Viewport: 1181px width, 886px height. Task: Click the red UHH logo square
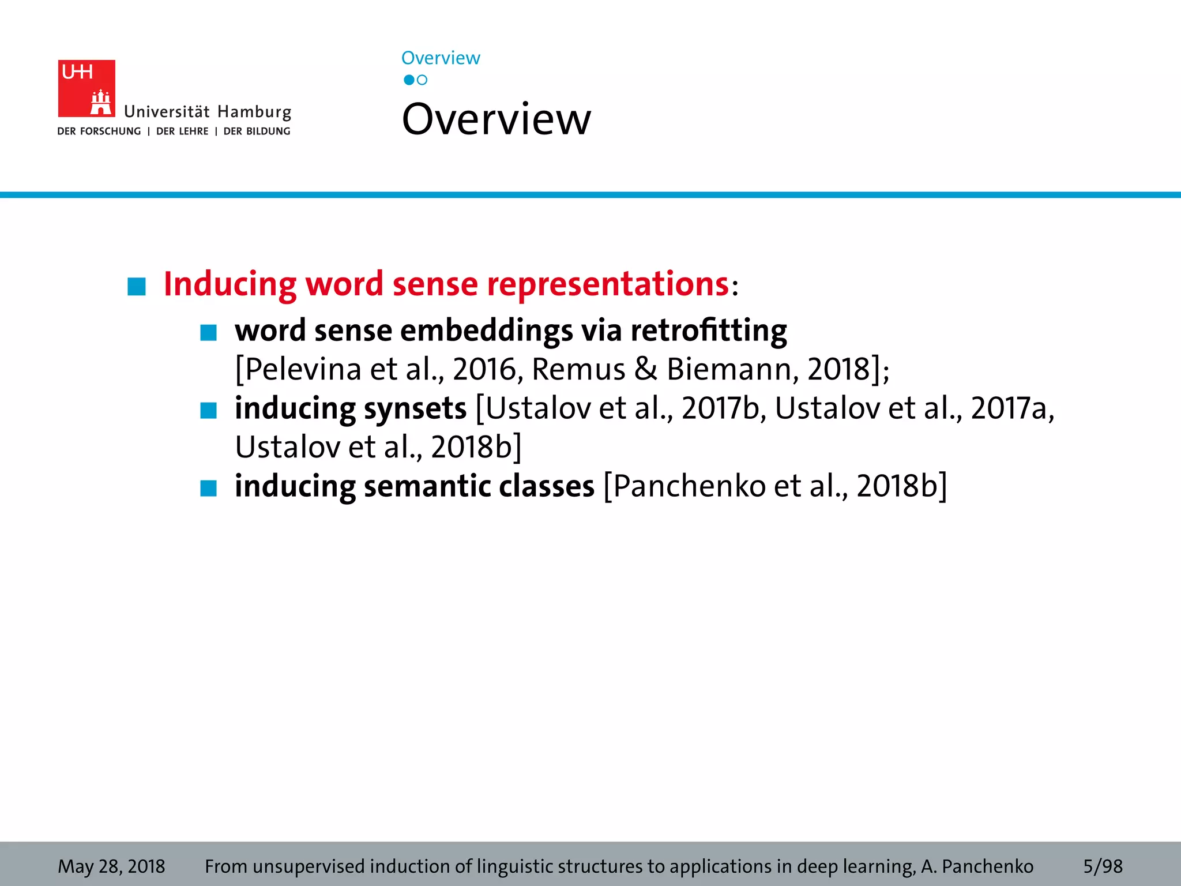[x=86, y=88]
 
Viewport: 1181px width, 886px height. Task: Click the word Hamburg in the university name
[x=254, y=112]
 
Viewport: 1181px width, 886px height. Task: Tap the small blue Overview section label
[x=441, y=58]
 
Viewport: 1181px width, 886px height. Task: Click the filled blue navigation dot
[x=409, y=80]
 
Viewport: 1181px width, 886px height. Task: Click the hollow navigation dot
[x=422, y=80]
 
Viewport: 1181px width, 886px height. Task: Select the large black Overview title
[x=496, y=119]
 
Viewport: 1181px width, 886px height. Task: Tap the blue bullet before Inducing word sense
[x=137, y=287]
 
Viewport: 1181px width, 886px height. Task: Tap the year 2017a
[x=1011, y=408]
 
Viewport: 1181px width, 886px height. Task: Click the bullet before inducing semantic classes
[x=208, y=488]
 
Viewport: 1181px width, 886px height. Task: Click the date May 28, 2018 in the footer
[x=111, y=866]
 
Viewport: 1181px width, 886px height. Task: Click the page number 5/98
[x=1103, y=866]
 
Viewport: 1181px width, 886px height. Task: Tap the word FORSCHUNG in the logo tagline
[x=110, y=132]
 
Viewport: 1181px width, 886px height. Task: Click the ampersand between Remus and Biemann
[x=645, y=369]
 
